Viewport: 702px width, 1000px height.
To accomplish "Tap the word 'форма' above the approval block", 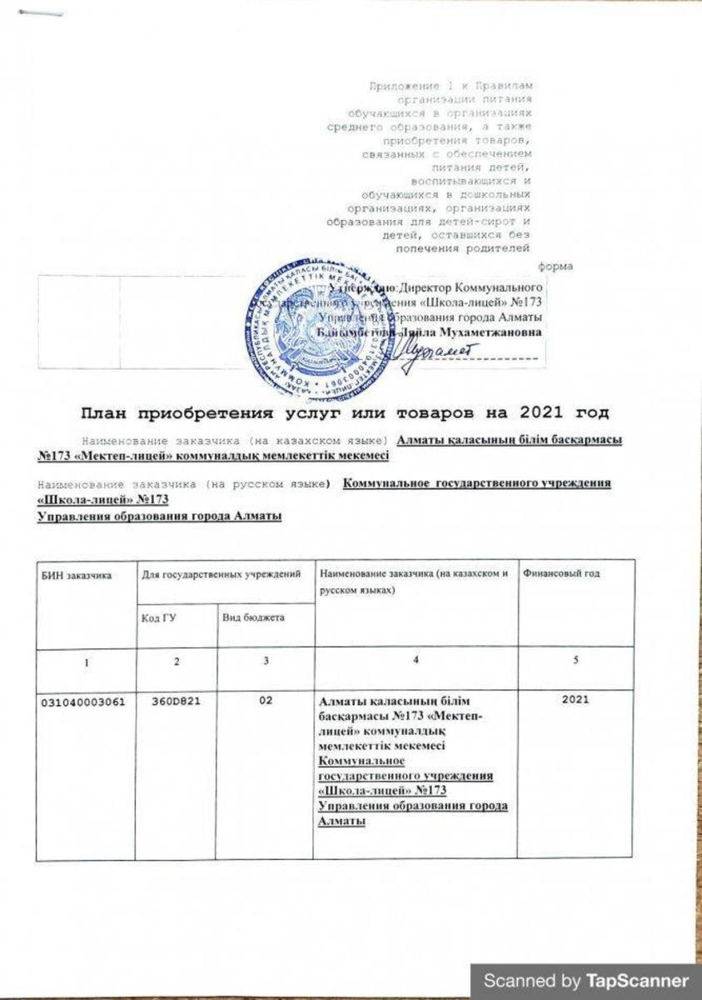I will [x=554, y=267].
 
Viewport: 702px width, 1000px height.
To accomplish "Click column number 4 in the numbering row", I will [x=414, y=662].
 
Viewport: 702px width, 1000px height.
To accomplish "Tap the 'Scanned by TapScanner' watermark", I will [x=586, y=981].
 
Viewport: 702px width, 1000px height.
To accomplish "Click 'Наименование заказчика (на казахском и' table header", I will [x=413, y=575].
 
